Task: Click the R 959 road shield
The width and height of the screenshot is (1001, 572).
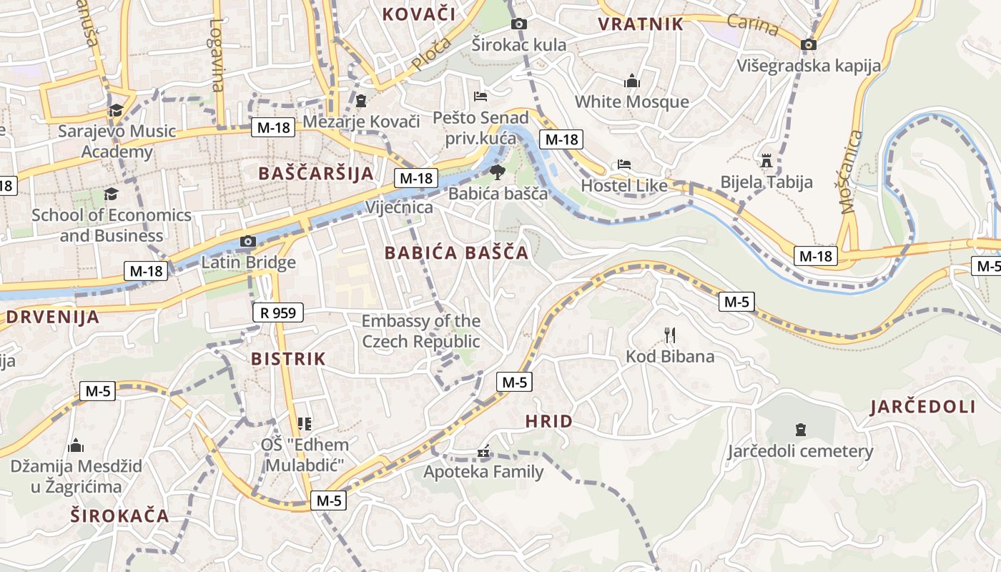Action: coord(278,312)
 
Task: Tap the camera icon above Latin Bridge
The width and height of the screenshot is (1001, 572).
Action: coord(248,242)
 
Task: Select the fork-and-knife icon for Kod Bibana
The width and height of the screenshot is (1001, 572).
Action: coord(670,335)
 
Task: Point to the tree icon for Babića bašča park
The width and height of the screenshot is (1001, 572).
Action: coord(497,172)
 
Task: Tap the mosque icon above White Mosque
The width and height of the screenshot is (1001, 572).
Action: coord(631,81)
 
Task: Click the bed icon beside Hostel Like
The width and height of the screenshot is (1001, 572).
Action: coord(623,164)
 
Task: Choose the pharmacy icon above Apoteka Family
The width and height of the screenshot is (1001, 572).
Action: coord(483,451)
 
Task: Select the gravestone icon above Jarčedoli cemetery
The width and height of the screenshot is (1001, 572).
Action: coord(800,430)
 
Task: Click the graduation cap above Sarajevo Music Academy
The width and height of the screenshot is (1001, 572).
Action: coord(116,110)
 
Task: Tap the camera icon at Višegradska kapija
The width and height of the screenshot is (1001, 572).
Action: coord(809,45)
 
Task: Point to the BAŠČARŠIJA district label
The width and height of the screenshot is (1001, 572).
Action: coord(316,173)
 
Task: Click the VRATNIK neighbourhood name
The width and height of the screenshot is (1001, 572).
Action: coord(641,24)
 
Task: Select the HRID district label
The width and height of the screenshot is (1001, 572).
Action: coord(549,421)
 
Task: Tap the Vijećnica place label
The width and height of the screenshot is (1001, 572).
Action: coord(399,207)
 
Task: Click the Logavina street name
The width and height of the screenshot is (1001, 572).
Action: coord(217,54)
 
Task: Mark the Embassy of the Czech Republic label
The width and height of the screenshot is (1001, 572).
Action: coord(420,331)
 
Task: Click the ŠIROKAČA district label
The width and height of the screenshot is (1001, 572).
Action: coord(120,516)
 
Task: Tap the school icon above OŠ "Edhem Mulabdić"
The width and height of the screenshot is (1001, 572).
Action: coord(305,423)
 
